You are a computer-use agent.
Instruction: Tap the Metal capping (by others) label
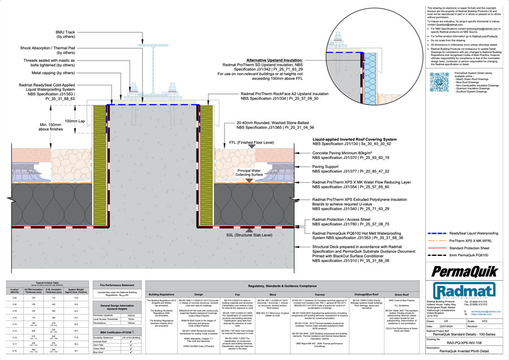[x=53, y=73]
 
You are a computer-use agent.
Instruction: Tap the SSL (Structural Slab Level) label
[x=249, y=235]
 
